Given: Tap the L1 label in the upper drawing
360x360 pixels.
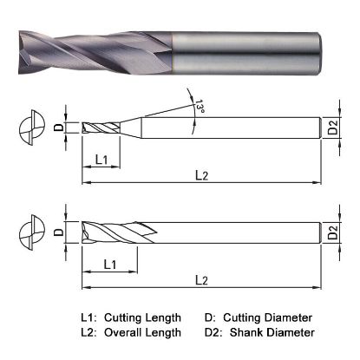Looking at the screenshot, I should [101, 160].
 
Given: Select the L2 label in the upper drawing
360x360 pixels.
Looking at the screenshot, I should [200, 176].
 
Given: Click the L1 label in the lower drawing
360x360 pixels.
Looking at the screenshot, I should [111, 263].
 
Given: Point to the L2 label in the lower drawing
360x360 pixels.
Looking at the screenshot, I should [200, 279].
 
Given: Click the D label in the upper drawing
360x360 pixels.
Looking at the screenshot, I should [58, 128].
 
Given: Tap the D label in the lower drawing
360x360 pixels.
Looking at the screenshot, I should [58, 232].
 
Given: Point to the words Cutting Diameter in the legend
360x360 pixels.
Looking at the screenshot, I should [269, 317].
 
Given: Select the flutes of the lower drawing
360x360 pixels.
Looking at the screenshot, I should [113, 232].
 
